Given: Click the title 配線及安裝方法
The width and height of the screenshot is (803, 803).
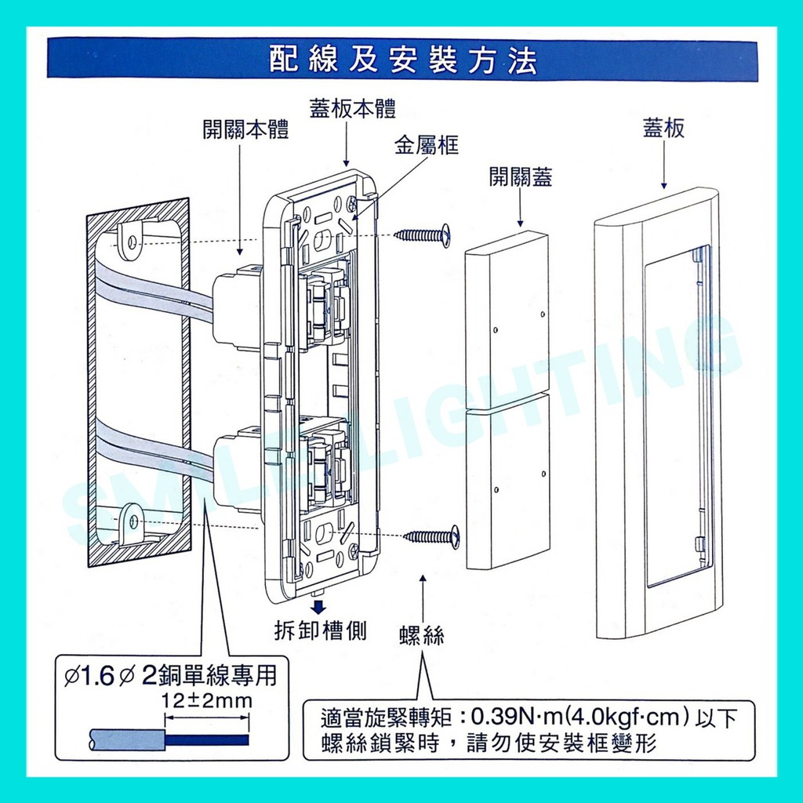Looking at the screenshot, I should (x=402, y=60).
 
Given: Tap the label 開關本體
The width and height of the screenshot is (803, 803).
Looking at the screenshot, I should (x=245, y=130).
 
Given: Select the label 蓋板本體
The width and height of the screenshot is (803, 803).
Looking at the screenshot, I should (x=352, y=110).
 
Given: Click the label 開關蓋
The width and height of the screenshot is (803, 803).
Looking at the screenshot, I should (x=521, y=177).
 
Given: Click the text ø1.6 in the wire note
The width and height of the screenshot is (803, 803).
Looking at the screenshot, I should (x=89, y=675).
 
